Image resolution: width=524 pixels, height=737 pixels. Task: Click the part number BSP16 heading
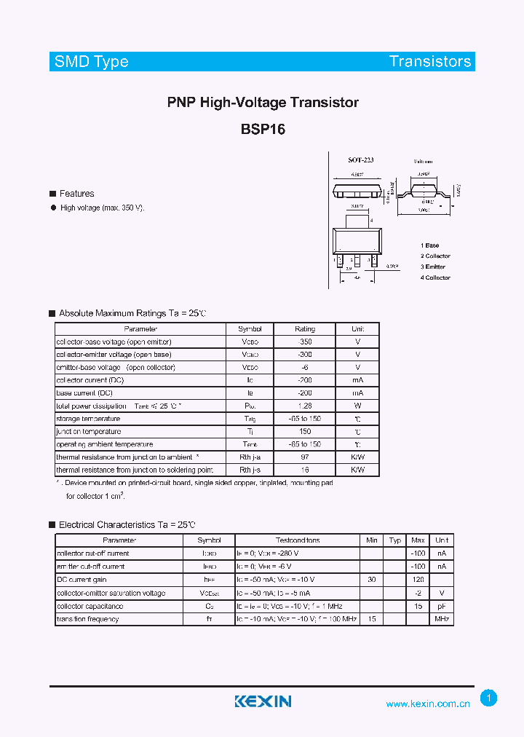(x=263, y=130)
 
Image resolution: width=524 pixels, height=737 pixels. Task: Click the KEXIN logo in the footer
(x=263, y=701)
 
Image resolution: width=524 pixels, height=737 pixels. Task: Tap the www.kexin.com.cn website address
(x=428, y=703)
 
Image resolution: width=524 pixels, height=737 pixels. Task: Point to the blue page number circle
(x=489, y=698)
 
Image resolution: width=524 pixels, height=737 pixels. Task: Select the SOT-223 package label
(x=360, y=159)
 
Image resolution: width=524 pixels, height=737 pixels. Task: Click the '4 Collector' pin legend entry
(x=435, y=277)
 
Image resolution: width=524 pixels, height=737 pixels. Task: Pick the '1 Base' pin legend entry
(x=429, y=245)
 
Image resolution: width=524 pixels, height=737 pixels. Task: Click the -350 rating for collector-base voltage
(x=305, y=342)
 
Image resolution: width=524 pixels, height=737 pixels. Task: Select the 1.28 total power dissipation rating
(x=305, y=406)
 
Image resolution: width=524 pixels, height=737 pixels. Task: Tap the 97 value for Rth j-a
(x=305, y=457)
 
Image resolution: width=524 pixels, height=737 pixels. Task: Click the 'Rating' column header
(x=305, y=329)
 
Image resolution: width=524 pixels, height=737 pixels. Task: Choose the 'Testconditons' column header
(x=298, y=540)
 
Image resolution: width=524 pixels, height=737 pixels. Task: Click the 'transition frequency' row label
(x=87, y=619)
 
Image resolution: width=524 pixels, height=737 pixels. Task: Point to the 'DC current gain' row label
(x=81, y=580)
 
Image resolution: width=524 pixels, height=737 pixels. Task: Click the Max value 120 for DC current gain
(x=418, y=580)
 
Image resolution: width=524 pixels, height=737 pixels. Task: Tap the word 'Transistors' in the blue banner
(x=430, y=61)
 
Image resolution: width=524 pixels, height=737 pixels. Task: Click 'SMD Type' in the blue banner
(x=92, y=61)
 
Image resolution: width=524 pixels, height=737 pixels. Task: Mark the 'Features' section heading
(x=76, y=194)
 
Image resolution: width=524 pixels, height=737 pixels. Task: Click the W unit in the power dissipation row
(x=357, y=406)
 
